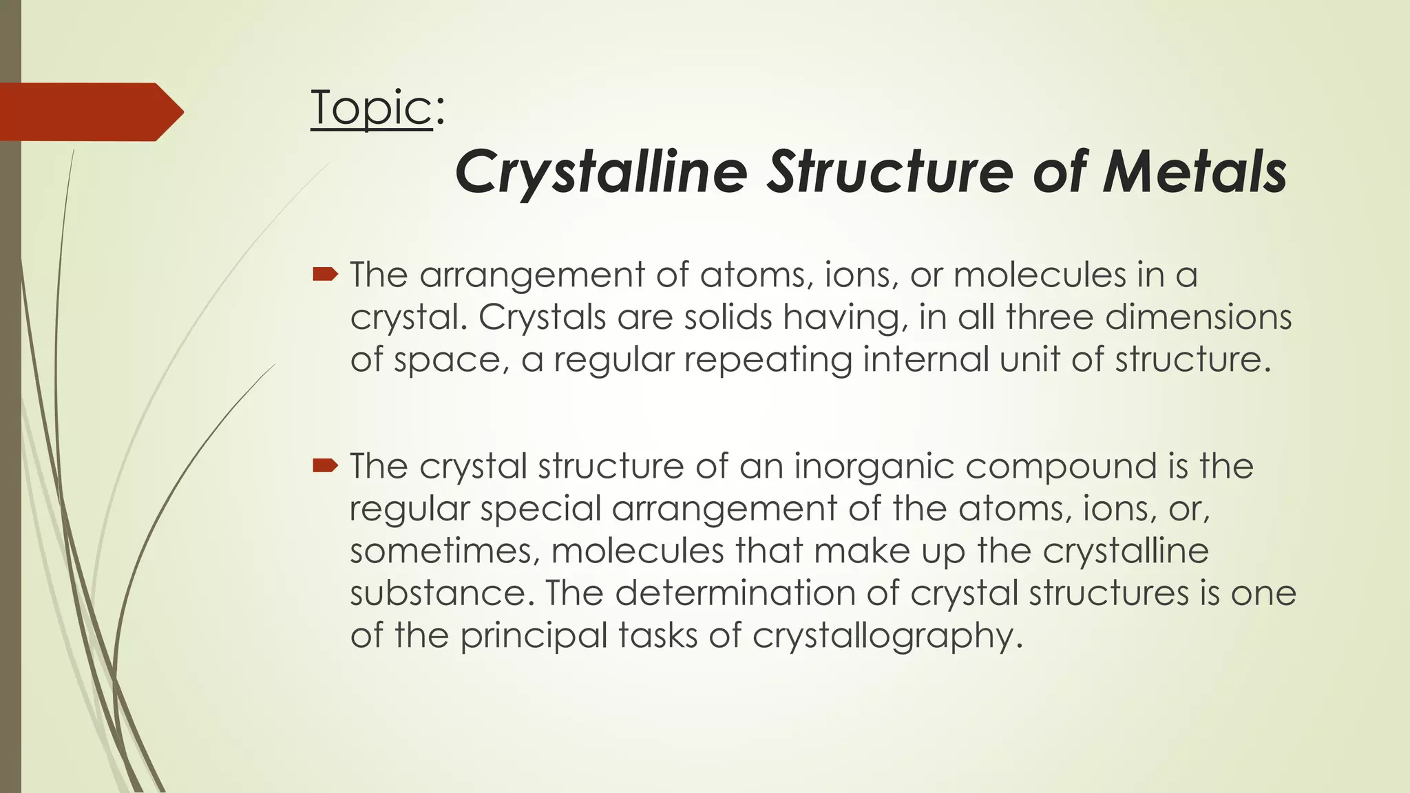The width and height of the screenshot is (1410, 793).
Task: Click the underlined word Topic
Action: coord(371,109)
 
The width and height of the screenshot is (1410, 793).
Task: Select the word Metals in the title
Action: coord(1195,172)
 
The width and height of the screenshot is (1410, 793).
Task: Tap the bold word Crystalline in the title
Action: coord(600,172)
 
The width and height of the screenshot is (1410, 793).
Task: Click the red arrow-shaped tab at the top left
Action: coord(90,112)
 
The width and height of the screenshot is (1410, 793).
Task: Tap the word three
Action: coord(1049,317)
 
